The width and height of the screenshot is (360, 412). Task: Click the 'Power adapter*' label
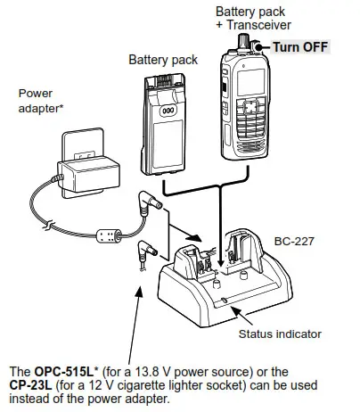(x=41, y=100)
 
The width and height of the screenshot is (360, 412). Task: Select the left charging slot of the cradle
(x=200, y=260)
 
